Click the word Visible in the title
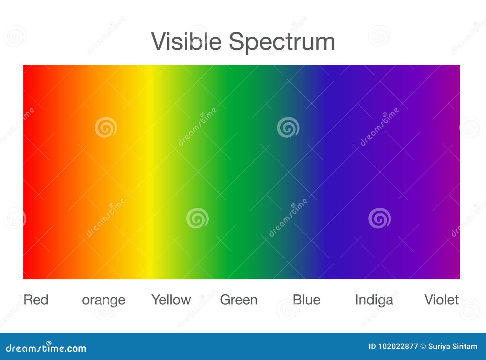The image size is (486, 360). click(186, 41)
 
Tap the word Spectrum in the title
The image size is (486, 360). click(282, 43)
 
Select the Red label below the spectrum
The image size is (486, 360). click(36, 300)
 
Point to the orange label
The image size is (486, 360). click(104, 301)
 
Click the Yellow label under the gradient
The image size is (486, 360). click(171, 300)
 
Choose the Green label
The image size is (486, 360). click(239, 300)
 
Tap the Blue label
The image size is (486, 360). click(306, 300)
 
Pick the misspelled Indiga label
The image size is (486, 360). click(374, 300)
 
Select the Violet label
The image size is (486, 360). click(442, 300)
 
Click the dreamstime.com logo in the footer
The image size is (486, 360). click(46, 348)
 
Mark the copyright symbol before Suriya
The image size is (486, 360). click(423, 347)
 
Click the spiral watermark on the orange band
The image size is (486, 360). click(106, 127)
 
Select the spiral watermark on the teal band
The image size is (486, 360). click(288, 127)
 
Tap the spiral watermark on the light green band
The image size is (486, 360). click(197, 218)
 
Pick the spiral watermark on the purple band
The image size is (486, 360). click(379, 218)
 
